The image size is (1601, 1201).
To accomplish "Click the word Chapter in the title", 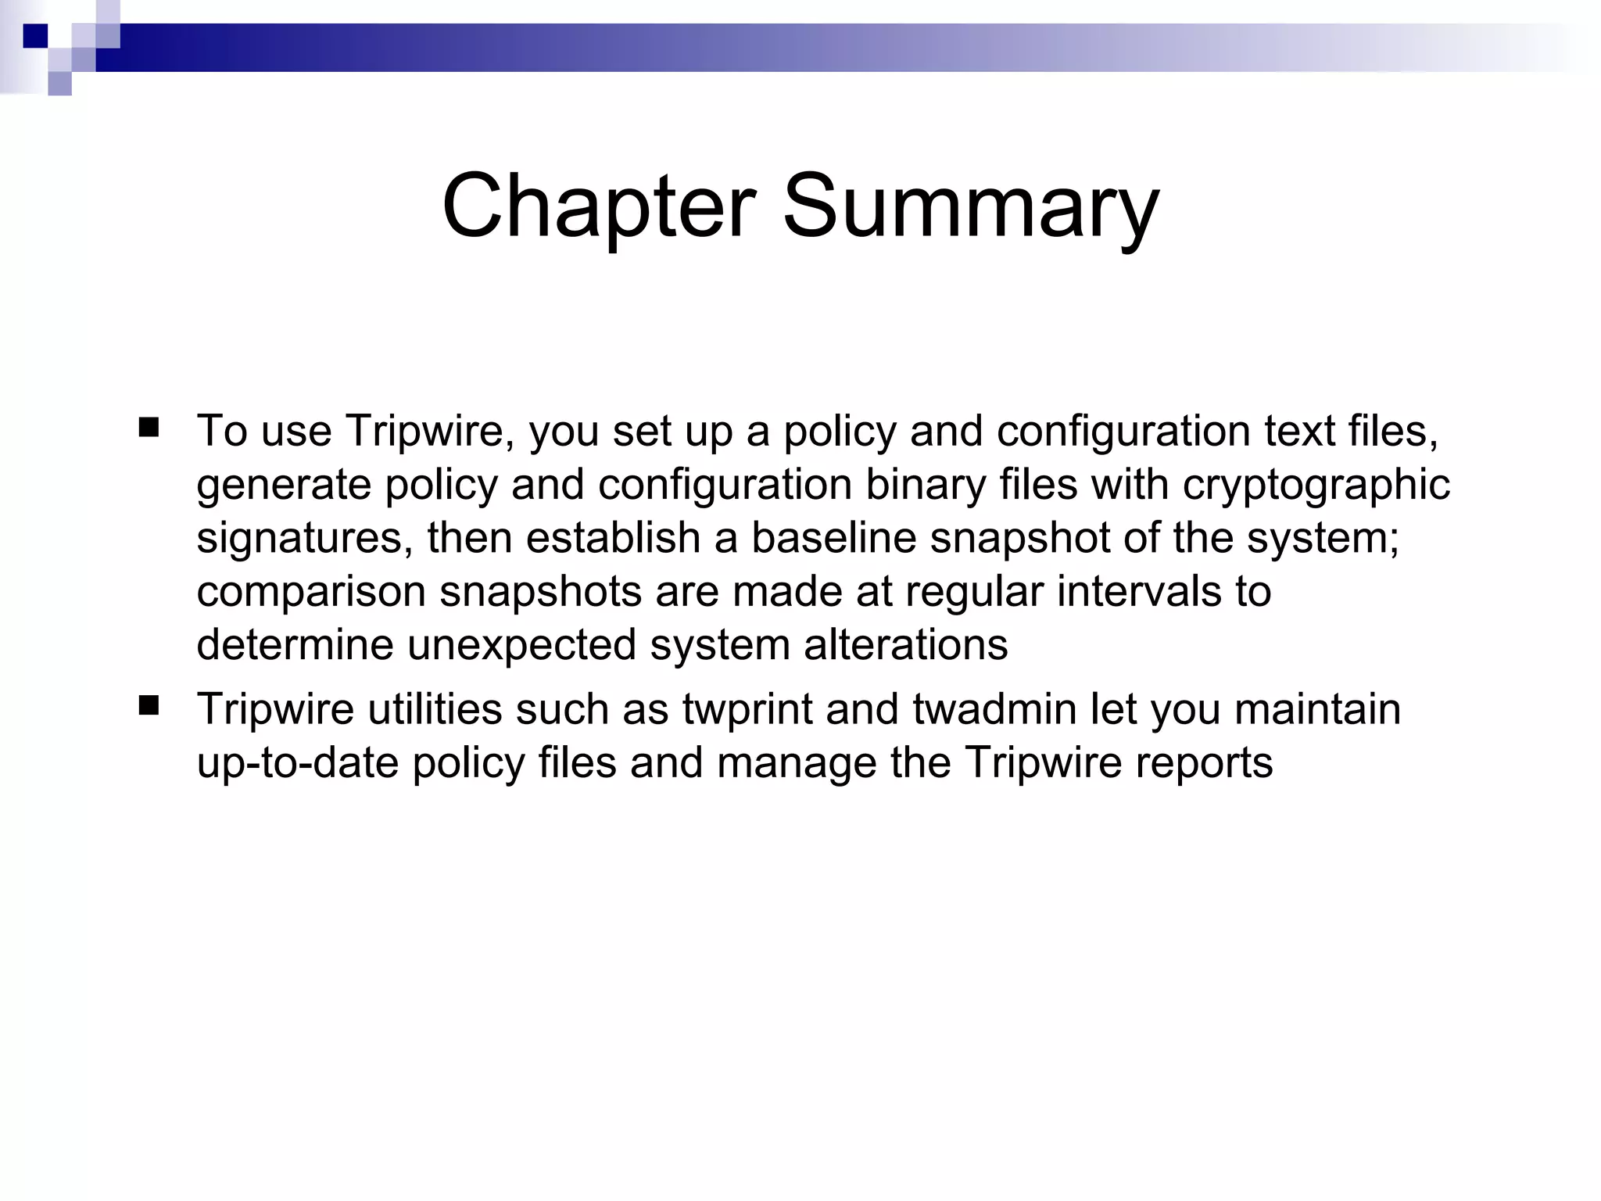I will [x=598, y=207].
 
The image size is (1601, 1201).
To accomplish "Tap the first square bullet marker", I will [x=149, y=428].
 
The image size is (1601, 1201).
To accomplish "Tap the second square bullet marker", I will [x=149, y=707].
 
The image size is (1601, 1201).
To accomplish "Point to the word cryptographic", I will [x=1316, y=485].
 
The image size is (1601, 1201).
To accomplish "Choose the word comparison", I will [x=311, y=592].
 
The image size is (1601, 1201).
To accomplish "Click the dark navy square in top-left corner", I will [x=35, y=36].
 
